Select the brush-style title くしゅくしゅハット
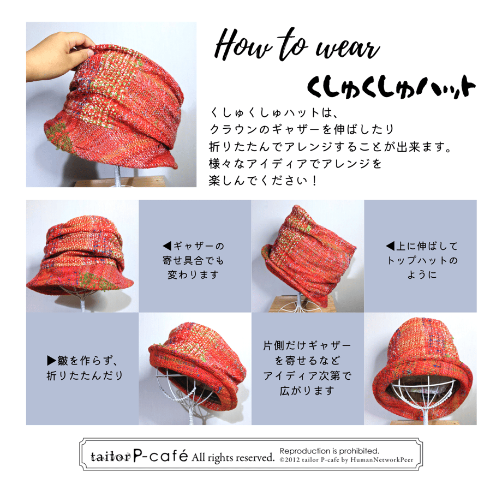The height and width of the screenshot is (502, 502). (391, 86)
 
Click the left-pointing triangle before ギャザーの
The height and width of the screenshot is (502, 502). (167, 246)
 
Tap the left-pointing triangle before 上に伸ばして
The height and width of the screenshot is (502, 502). (390, 246)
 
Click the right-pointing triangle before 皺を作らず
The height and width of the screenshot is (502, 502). (51, 361)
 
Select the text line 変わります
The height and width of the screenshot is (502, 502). (193, 274)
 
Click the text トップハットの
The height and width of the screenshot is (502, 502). (422, 260)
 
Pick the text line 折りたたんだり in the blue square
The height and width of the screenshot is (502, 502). (85, 375)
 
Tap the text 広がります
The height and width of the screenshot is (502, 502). (307, 391)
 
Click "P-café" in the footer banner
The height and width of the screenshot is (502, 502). (160, 456)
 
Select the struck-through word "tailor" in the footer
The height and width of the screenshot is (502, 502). (111, 457)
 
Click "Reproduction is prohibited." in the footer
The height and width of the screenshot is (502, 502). (330, 451)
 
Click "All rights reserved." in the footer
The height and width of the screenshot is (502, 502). (233, 457)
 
